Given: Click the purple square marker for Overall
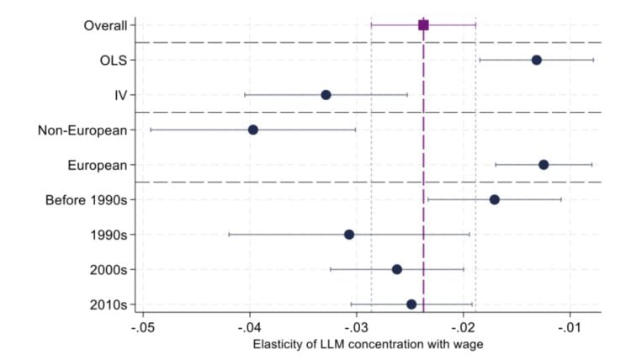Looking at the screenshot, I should coord(423,25).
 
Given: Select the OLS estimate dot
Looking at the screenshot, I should coord(536,60).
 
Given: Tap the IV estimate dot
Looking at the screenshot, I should coord(326,95).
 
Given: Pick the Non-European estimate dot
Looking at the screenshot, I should coord(252,130).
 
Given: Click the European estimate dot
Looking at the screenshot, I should coord(544,165).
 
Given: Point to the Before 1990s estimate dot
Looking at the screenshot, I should coord(494,199).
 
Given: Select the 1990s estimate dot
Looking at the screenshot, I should coord(349,235).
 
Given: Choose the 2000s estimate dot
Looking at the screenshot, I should coord(397,269).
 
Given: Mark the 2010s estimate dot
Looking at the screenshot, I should coord(411,304).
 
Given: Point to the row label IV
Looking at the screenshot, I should coord(121,95).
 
